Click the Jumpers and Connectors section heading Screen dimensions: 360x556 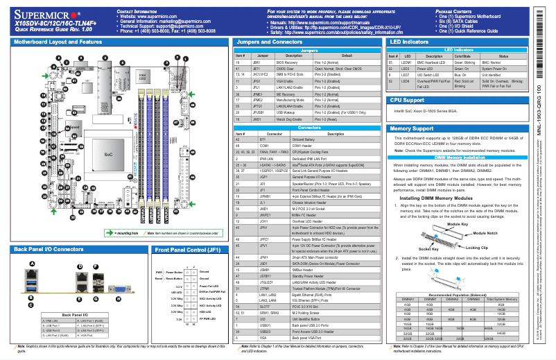click(266, 42)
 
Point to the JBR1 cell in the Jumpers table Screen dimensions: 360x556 click(257, 62)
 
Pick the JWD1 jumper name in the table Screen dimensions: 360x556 click(257, 119)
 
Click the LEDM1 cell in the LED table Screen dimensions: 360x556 click(409, 62)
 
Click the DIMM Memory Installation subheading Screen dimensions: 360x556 click(458, 158)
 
